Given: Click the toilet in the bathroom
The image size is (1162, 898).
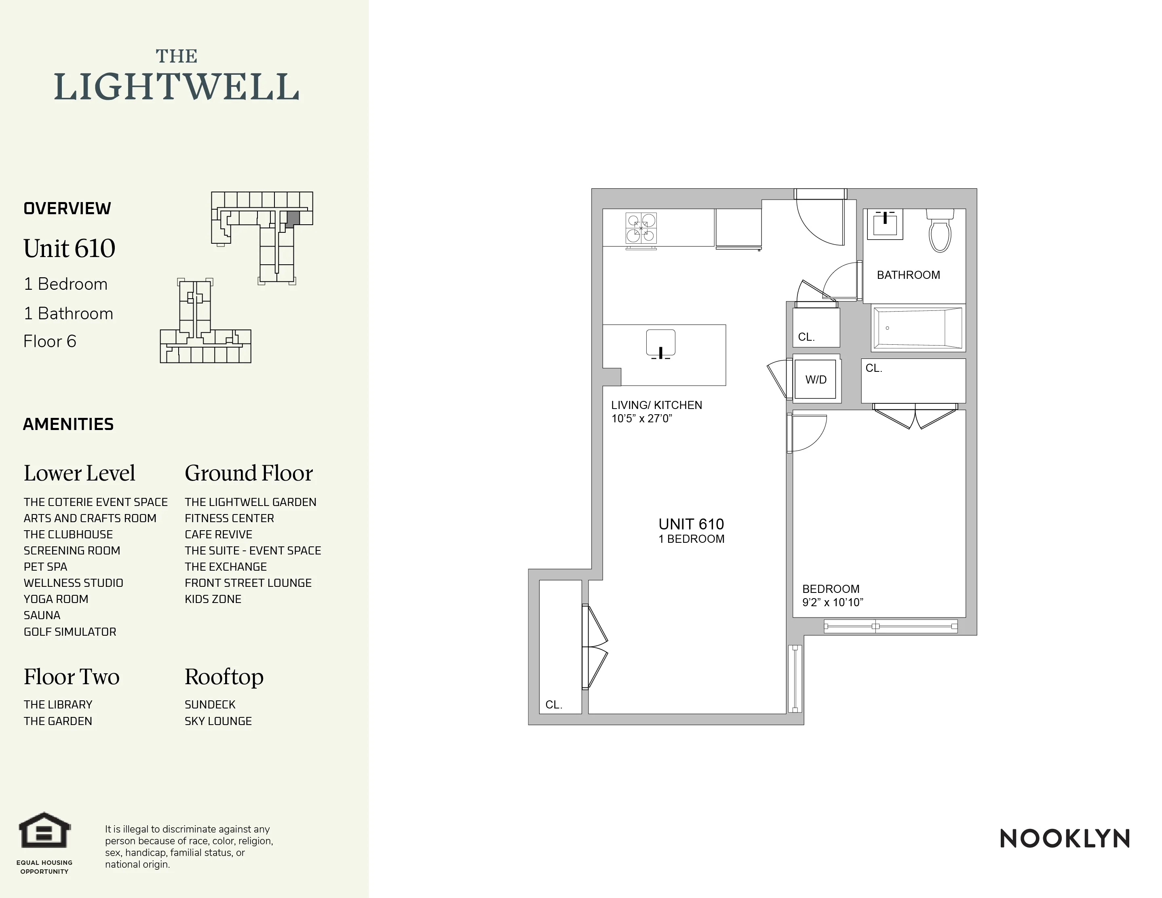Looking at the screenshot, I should (x=940, y=232).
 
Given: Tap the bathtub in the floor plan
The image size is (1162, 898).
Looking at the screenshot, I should (x=917, y=328).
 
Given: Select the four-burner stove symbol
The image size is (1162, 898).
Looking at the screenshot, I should (x=641, y=228).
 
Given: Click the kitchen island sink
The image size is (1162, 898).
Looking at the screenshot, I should (x=661, y=344).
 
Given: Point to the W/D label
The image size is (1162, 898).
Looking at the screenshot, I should (x=816, y=380).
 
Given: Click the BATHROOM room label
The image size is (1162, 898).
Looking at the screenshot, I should (x=908, y=275).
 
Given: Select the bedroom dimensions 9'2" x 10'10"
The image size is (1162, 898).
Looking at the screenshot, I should (x=833, y=602).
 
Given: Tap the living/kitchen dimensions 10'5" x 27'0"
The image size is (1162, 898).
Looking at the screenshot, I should (x=642, y=419).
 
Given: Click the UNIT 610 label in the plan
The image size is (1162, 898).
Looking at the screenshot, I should (x=691, y=524).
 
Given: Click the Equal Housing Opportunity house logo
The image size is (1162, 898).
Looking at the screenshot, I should (x=45, y=831).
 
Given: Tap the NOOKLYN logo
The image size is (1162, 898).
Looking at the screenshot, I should (x=1065, y=839).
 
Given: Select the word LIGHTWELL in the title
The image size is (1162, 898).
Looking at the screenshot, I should (x=177, y=87).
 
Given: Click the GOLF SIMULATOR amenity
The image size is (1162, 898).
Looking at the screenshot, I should (x=70, y=632).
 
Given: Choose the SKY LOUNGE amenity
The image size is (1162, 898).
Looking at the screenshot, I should (x=218, y=721).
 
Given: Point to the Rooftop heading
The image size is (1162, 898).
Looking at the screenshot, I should (x=224, y=677).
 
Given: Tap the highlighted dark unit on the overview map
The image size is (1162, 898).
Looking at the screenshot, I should (x=293, y=219).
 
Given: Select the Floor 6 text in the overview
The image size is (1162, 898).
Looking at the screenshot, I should (x=50, y=341).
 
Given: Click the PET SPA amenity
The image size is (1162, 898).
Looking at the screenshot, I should (x=45, y=567).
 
